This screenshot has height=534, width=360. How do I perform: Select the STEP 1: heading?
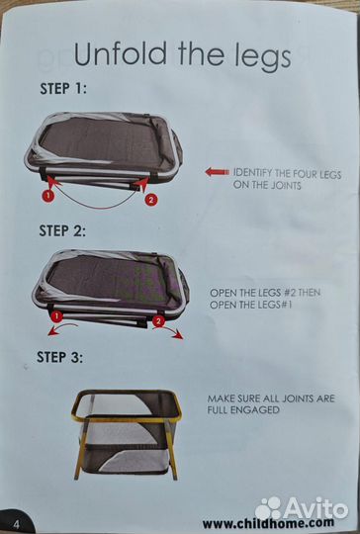click(63, 89)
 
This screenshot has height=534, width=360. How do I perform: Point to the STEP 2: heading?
click(62, 230)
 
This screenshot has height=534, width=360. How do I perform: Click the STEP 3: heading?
click(60, 357)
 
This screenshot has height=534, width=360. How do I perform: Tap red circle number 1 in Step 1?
click(48, 196)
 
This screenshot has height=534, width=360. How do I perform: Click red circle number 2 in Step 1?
click(151, 200)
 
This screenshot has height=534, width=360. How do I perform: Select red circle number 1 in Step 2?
click(56, 316)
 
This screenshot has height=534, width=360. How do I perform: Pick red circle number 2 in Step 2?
click(158, 320)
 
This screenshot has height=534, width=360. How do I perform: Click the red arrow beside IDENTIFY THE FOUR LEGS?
click(218, 172)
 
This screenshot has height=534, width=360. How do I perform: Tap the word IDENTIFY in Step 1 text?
click(252, 173)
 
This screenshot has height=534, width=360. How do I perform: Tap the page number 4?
click(16, 524)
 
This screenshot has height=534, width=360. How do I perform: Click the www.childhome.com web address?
click(268, 523)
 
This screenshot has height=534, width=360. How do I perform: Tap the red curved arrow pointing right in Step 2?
click(168, 333)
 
